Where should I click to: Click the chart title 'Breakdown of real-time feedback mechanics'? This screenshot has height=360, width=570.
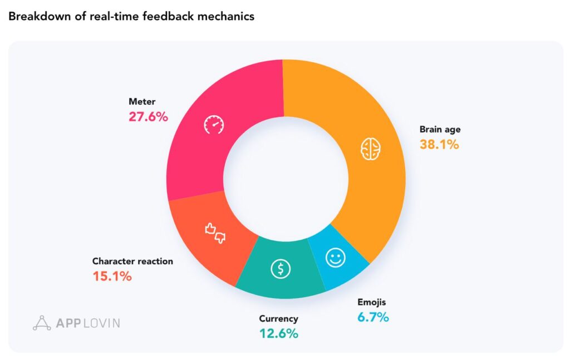131,16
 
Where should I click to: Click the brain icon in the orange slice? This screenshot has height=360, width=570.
371,149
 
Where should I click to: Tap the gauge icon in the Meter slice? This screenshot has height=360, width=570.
213,125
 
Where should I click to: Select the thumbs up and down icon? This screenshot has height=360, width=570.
215,233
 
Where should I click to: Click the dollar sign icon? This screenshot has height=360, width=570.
281,269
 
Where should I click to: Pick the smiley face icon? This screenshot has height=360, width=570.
336,258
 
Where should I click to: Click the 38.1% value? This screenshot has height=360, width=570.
439,145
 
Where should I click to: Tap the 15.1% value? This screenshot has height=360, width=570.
112,275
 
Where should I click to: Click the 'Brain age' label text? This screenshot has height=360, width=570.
440,130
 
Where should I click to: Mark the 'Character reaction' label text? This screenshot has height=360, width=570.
132,261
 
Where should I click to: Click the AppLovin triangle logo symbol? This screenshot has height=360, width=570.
42,323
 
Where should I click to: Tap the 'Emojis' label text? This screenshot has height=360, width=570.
371,303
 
